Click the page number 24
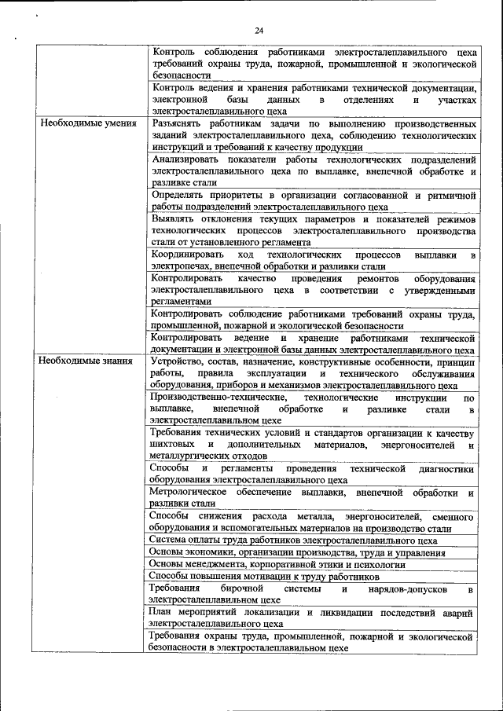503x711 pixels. tap(259, 31)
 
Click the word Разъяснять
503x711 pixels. tap(179, 124)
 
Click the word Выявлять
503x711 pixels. tap(174, 218)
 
